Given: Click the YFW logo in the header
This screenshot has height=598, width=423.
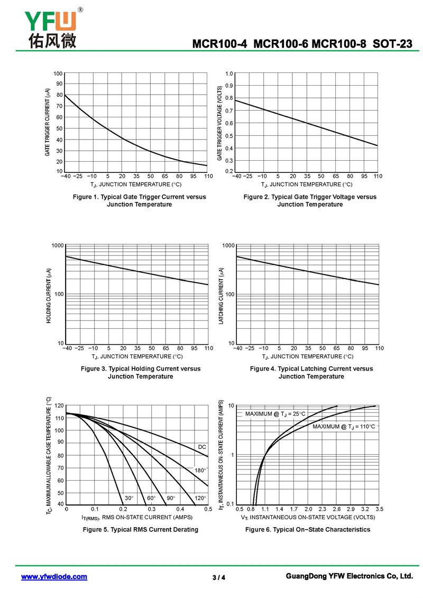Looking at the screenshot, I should point(51,27).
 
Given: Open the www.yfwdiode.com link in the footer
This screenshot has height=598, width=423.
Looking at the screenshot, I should point(54,577).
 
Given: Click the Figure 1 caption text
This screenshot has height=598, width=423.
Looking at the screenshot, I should point(139,200).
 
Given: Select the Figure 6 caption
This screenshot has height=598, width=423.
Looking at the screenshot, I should point(308,529).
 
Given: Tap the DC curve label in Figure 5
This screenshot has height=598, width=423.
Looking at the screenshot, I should point(202,447).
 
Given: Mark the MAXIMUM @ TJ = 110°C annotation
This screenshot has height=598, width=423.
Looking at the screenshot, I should point(344,426).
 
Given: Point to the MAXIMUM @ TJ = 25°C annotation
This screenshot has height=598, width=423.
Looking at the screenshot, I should point(275,414).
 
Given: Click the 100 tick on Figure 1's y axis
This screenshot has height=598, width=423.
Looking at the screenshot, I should point(58,73).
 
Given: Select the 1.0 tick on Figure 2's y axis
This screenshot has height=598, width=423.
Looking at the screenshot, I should point(229,73).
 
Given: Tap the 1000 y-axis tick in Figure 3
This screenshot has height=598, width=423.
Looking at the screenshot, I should point(58,245).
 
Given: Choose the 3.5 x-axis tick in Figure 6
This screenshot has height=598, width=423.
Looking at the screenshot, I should point(379,509).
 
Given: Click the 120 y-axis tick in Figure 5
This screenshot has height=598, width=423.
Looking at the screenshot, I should point(59,406).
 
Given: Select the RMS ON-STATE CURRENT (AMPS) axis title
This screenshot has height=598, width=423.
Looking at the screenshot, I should point(137,517).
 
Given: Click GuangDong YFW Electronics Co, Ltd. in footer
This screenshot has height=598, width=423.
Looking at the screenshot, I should point(348,576).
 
